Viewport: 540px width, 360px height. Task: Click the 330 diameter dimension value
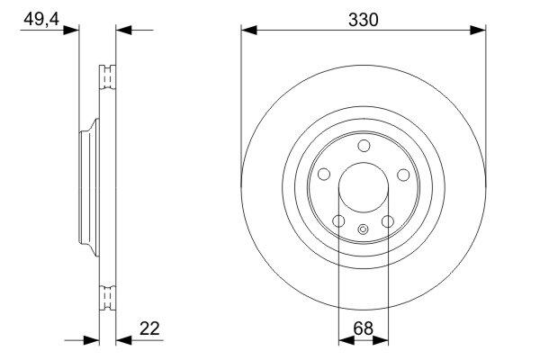[x=363, y=20]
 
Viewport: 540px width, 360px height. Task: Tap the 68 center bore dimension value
[x=364, y=328]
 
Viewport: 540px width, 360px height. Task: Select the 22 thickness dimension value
[x=149, y=328]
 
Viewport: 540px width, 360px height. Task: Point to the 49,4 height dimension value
[x=41, y=19]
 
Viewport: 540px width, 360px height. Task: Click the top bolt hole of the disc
[x=364, y=146]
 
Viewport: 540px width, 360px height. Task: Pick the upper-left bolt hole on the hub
[x=324, y=175]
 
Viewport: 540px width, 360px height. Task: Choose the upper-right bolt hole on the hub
[x=403, y=175]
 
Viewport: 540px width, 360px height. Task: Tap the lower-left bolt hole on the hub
[x=339, y=221]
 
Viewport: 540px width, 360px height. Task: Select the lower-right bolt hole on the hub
[x=388, y=221]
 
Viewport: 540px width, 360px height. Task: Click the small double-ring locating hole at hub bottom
[x=363, y=229]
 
